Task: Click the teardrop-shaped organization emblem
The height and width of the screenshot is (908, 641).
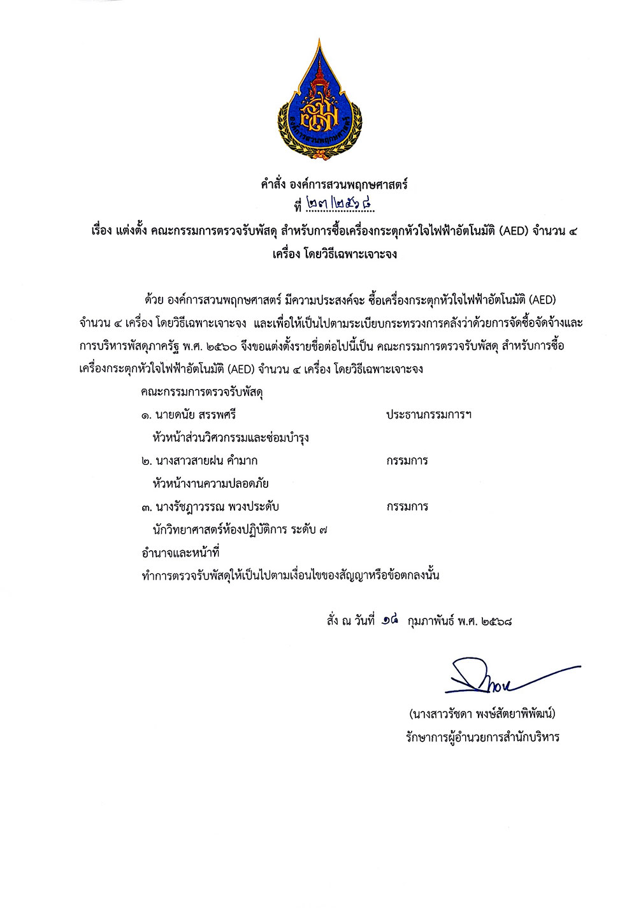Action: tap(319, 102)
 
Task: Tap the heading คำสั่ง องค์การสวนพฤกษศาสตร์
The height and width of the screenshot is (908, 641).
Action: tap(334, 185)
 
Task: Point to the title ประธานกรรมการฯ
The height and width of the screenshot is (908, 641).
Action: tap(428, 415)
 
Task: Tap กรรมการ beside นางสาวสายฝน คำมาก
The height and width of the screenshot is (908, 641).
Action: tap(407, 461)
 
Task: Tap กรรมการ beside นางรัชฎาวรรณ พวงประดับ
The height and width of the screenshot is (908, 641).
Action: tap(407, 507)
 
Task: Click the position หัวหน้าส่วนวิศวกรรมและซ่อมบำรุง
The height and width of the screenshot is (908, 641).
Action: tap(231, 438)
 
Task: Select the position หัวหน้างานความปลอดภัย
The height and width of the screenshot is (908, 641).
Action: tap(210, 484)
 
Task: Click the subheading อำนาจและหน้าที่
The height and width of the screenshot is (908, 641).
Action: tap(180, 553)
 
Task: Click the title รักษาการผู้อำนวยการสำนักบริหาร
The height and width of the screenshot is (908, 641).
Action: tap(482, 737)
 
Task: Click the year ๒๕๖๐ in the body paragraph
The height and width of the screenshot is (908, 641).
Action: tap(222, 346)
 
